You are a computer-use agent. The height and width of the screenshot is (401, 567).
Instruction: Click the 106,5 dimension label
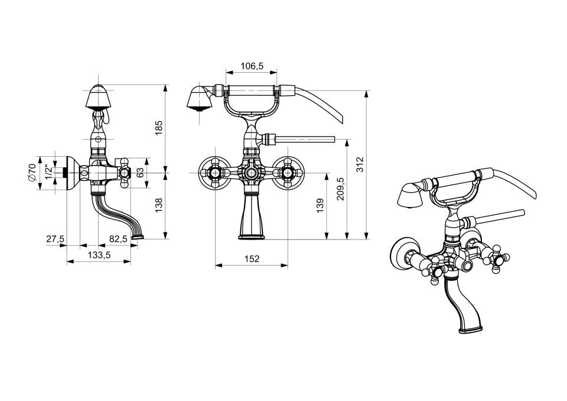(252, 66)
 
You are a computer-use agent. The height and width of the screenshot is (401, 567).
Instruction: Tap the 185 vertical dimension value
(159, 128)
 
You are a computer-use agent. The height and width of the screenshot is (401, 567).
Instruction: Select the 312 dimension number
(360, 164)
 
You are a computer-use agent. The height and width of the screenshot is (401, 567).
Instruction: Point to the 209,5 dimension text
(340, 189)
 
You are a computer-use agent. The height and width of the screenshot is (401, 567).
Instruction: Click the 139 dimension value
(320, 205)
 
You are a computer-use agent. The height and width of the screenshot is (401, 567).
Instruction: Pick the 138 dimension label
(158, 205)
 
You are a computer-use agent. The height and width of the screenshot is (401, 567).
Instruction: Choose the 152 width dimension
(252, 259)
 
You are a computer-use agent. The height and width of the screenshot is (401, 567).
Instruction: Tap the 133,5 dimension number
(99, 255)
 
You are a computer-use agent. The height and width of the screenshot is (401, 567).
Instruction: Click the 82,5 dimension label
(118, 239)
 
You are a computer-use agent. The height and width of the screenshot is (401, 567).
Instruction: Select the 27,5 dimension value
(56, 239)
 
